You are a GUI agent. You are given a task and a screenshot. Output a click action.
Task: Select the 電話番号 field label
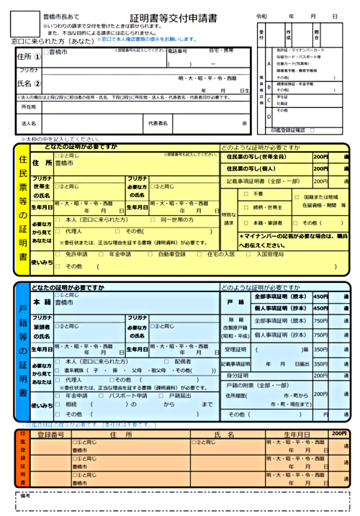click(x=176, y=52)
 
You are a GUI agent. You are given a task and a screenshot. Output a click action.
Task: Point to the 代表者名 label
click(x=158, y=123)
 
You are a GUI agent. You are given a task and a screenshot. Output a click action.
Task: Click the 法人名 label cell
click(x=29, y=123)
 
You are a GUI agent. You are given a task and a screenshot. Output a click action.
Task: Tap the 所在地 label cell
click(x=29, y=107)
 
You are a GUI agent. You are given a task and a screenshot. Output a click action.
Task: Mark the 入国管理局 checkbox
click(x=250, y=254)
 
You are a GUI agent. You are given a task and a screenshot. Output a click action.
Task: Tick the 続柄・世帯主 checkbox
click(x=246, y=207)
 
